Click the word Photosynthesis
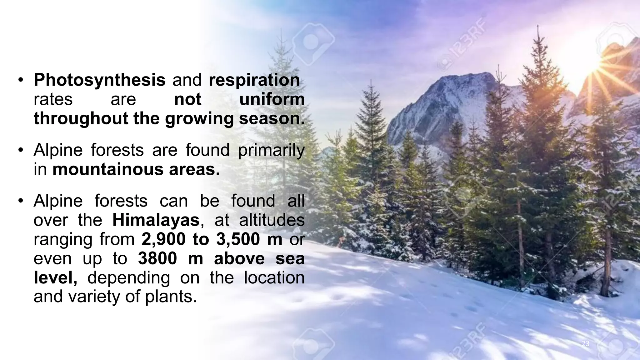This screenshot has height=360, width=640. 99,80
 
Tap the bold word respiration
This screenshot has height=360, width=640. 254,80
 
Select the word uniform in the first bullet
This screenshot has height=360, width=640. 272,99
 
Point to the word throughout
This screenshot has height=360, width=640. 81,119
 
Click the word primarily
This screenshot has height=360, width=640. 271,150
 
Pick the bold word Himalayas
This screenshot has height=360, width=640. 156,220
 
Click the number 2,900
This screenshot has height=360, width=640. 164,239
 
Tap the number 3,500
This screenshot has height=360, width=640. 238,239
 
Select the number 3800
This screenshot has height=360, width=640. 157,259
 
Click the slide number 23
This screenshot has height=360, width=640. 585,344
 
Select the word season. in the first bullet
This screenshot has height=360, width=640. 272,119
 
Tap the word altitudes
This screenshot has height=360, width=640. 272,220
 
